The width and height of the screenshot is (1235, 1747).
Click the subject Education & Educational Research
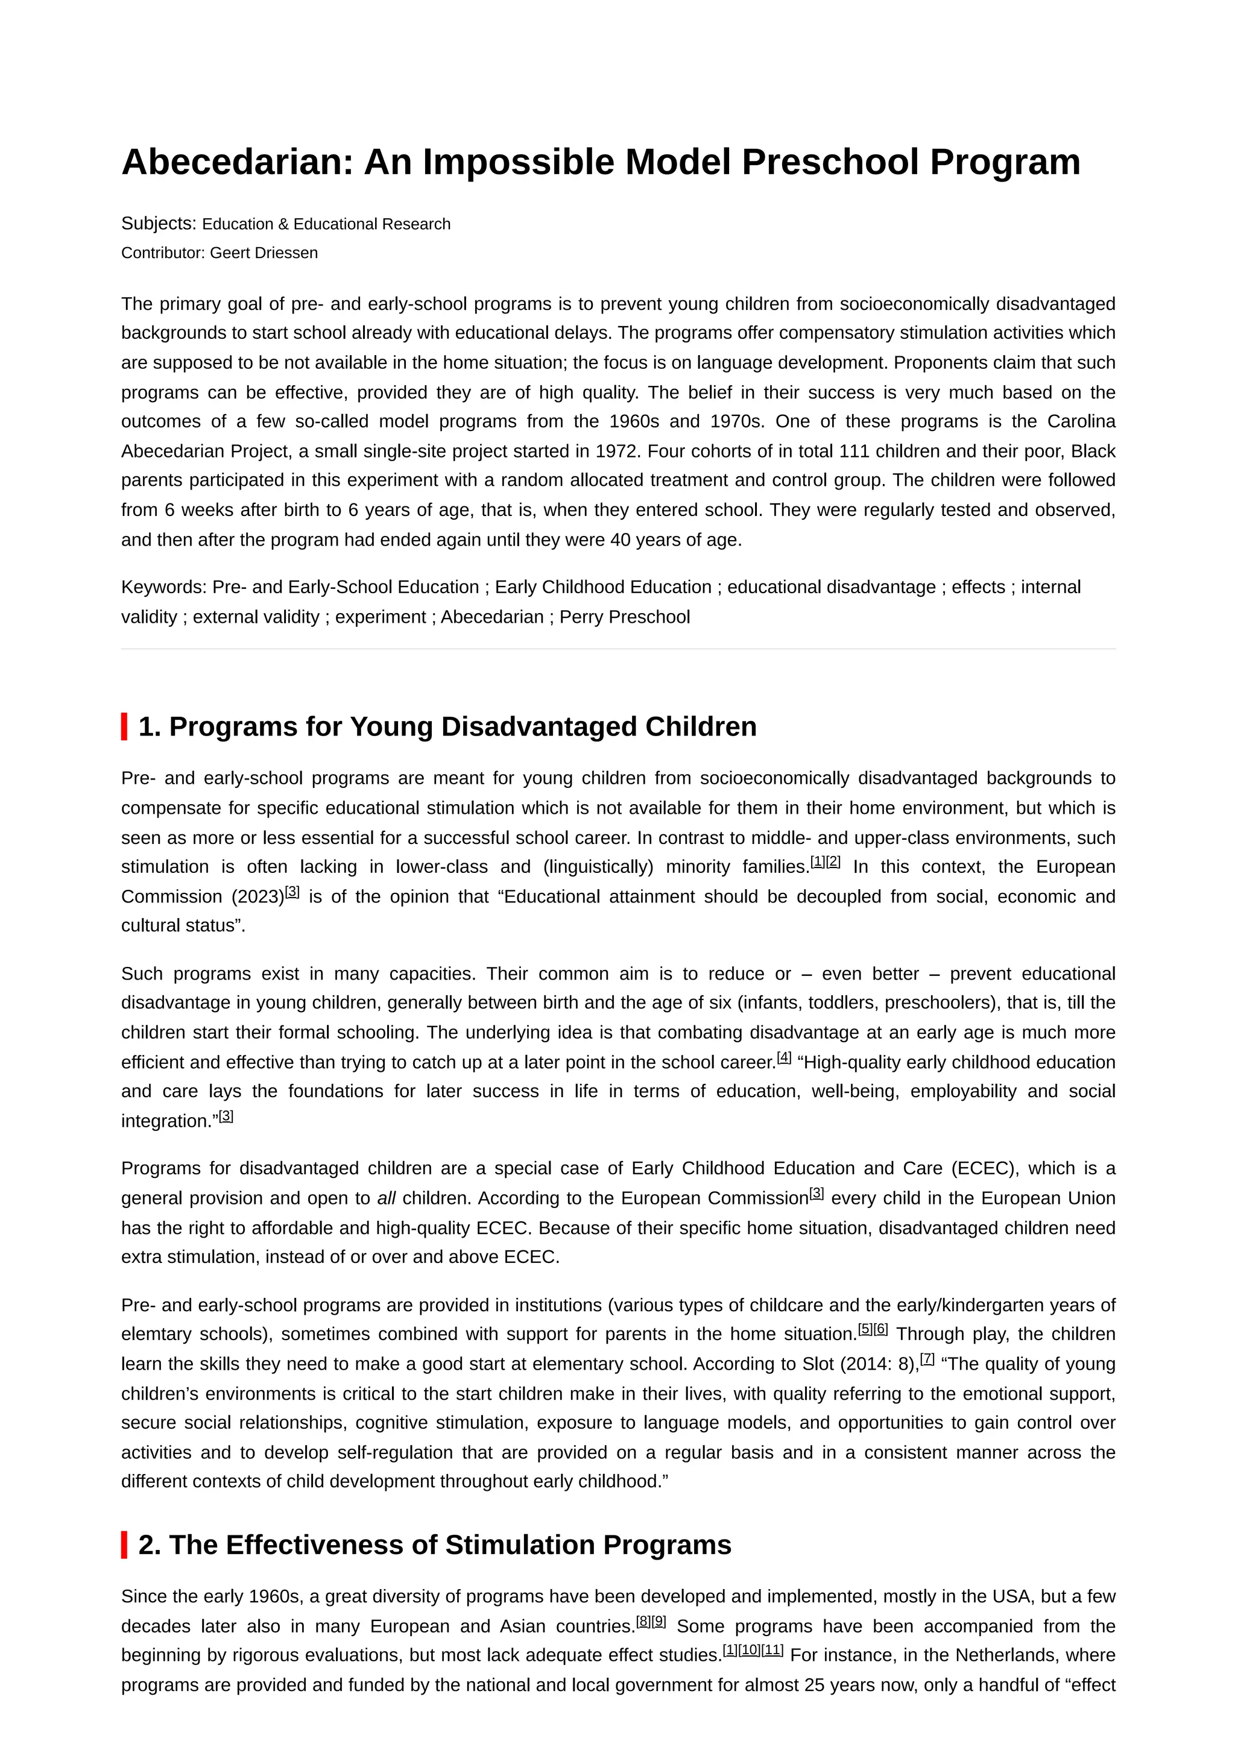326,224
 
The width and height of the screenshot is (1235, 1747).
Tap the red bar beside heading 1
124,726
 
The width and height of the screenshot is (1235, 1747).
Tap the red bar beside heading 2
124,1544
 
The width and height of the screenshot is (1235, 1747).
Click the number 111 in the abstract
854,451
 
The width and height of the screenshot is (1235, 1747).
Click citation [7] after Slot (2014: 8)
927,1358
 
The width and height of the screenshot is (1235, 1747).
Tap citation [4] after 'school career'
784,1057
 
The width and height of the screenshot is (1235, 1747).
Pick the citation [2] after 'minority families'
833,861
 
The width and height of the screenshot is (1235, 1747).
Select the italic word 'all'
386,1198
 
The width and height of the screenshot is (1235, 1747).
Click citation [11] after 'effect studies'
772,1649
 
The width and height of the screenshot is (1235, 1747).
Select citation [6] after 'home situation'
880,1329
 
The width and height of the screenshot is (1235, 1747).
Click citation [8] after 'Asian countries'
643,1620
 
